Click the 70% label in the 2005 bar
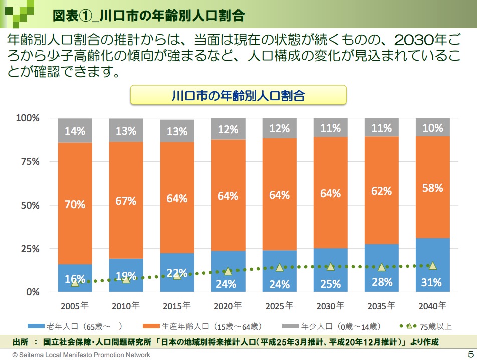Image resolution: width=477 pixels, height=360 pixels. pyautogui.click(x=75, y=205)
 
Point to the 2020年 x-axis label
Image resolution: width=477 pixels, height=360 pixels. pyautogui.click(x=228, y=305)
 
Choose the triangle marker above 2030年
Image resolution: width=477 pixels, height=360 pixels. pyautogui.click(x=330, y=267)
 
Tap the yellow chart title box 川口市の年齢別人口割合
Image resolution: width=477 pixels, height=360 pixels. pyautogui.click(x=238, y=95)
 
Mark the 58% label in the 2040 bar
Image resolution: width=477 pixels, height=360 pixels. pyautogui.click(x=432, y=188)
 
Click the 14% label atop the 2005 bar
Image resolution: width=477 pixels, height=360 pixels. pyautogui.click(x=75, y=132)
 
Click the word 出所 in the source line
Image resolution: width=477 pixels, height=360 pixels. pyautogui.click(x=21, y=343)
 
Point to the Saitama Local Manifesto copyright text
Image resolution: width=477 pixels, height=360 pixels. pyautogui.click(x=81, y=355)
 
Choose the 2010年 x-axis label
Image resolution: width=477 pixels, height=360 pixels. pyautogui.click(x=126, y=305)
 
